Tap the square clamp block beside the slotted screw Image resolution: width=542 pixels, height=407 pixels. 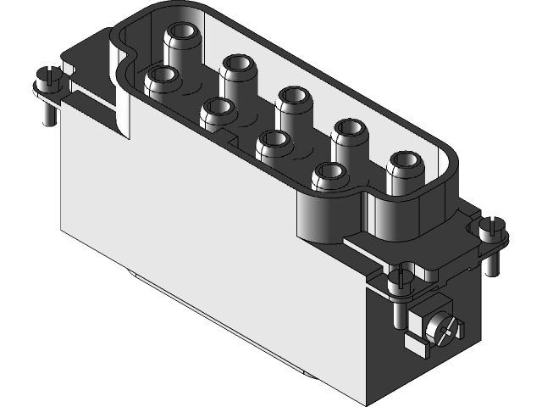tap(417, 321)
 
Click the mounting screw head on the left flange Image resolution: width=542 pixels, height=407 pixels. tap(48, 82)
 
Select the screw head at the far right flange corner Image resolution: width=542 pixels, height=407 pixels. tap(491, 227)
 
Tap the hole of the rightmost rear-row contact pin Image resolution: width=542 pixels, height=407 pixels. tap(404, 160)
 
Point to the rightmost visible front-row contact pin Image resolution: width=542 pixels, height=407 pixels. tap(328, 175)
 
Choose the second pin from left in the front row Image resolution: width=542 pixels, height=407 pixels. tap(218, 109)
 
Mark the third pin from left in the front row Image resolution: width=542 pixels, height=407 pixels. tap(273, 142)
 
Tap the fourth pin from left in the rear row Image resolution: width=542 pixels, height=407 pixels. tap(347, 129)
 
